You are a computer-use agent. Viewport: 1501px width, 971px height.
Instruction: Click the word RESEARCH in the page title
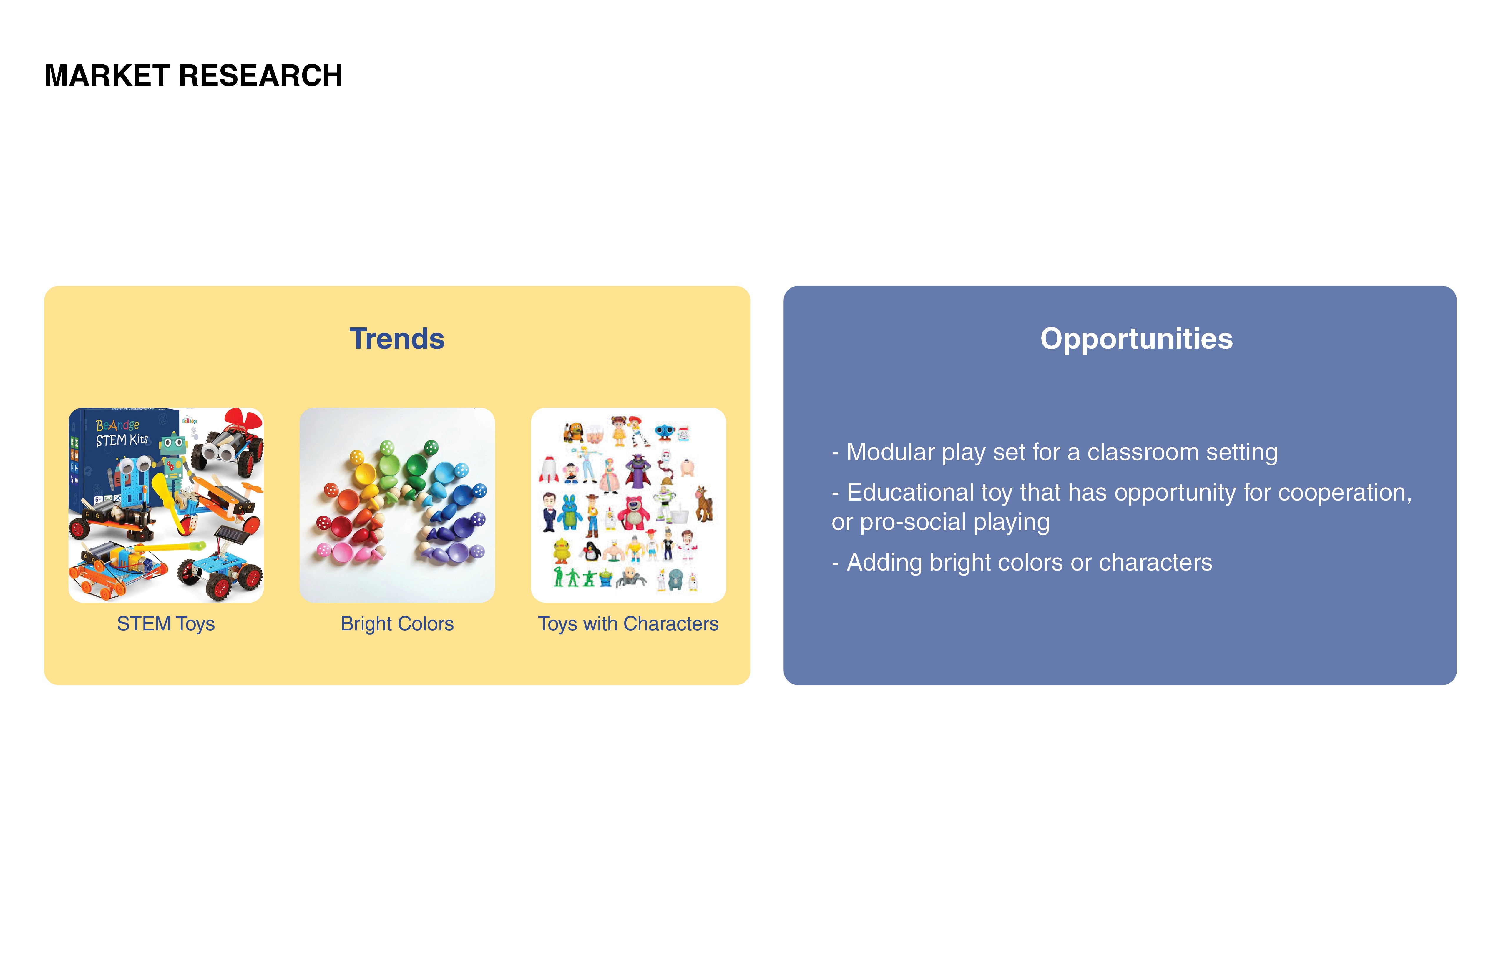(x=260, y=76)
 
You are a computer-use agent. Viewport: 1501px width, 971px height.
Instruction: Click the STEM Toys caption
(x=166, y=623)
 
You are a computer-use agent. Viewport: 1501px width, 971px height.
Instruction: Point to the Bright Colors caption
(x=397, y=623)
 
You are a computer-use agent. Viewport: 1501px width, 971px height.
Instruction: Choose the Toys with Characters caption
(x=628, y=623)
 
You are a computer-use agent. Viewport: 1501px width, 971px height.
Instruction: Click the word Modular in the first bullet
(x=891, y=452)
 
